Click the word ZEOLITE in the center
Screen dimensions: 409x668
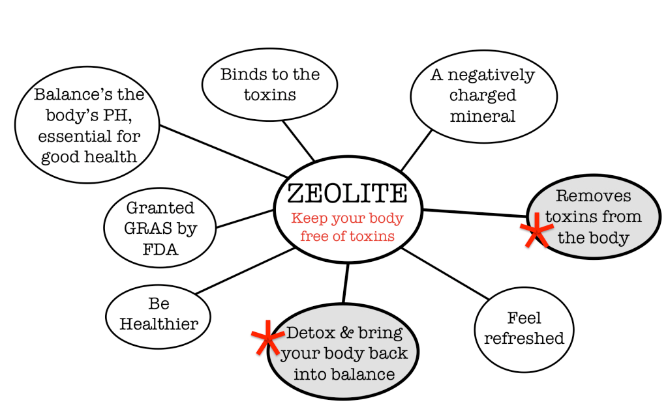click(347, 193)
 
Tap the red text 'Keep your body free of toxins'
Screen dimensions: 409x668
click(347, 227)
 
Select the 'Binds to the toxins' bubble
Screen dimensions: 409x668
click(269, 85)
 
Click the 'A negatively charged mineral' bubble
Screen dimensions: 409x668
click(483, 96)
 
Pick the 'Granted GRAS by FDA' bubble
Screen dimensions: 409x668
click(160, 229)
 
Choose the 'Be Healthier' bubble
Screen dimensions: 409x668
click(159, 314)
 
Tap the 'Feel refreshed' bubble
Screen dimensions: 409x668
click(524, 328)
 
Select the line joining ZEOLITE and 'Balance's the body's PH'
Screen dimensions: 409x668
click(222, 150)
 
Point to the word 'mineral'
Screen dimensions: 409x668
click(483, 117)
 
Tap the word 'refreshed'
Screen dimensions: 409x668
click(524, 339)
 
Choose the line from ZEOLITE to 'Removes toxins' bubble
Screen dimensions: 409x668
click(474, 213)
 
